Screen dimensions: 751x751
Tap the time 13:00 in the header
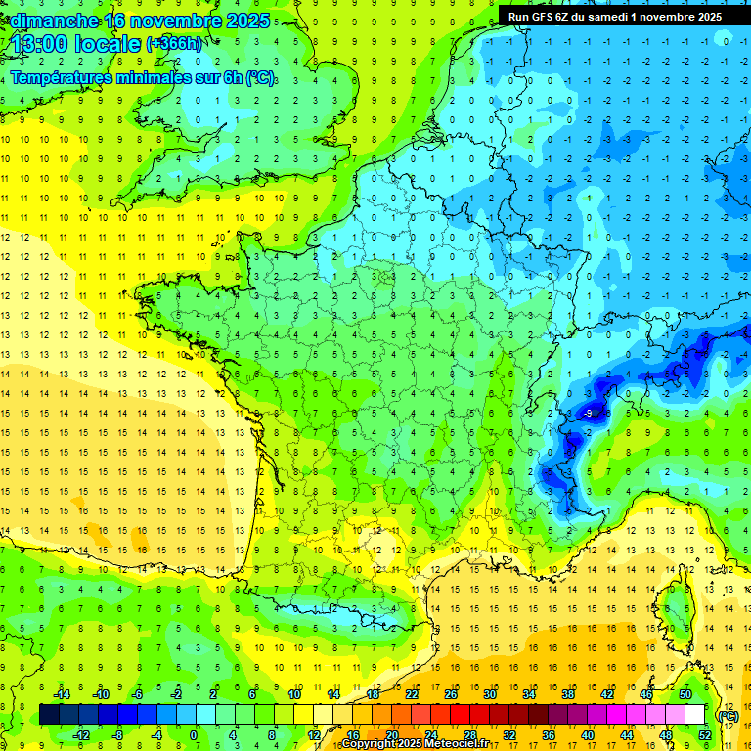coord(40,43)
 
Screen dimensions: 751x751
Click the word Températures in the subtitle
coord(66,78)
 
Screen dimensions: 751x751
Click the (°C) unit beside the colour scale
coord(728,715)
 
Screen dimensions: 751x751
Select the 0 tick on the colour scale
coord(193,735)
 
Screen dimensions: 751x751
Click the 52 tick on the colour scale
coord(704,735)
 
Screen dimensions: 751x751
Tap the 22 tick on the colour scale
coord(413,694)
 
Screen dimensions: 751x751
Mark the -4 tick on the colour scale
coord(155,735)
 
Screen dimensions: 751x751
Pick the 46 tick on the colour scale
coord(646,694)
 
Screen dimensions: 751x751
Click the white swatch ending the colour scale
coord(695,715)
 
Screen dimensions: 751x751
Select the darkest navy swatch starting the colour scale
coord(49,715)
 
